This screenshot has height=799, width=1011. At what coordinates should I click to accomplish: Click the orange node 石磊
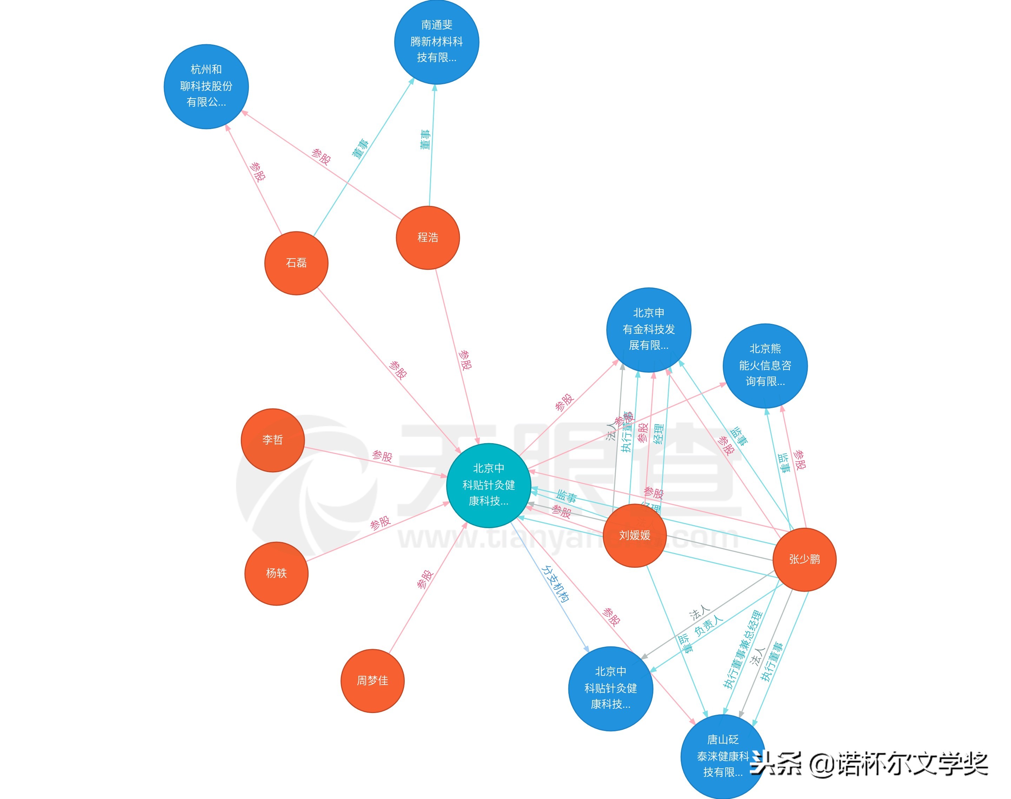pos(296,263)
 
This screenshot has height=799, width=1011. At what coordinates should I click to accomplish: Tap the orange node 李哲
pos(272,440)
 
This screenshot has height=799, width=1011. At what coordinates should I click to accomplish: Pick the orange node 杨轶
pos(276,573)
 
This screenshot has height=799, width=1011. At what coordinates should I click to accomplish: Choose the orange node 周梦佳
pos(372,681)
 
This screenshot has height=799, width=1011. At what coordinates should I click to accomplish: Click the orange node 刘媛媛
pos(634,535)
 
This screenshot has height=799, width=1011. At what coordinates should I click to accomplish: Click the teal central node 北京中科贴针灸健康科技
pos(488,485)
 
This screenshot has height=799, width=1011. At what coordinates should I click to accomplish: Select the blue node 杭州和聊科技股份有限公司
pos(206,87)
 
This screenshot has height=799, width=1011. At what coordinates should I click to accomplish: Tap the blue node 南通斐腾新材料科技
pos(436,42)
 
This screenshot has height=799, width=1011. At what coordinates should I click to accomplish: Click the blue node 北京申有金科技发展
pos(648,330)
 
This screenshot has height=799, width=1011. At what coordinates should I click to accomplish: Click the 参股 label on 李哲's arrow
pos(382,456)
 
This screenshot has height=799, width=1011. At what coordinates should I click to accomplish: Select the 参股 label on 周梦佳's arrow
pos(425,579)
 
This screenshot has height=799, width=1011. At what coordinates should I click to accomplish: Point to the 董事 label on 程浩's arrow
pos(425,139)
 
